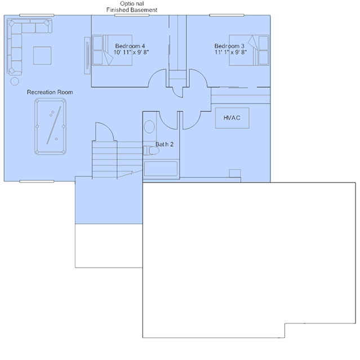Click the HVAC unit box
[x=232, y=118]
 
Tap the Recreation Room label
[x=50, y=92]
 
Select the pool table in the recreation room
[x=50, y=127]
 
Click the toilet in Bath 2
[x=151, y=150]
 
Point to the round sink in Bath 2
[x=149, y=127]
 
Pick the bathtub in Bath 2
[x=161, y=168]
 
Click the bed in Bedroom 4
[x=112, y=50]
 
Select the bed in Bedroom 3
[x=249, y=50]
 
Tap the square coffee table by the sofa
[x=42, y=56]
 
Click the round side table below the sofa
[x=15, y=81]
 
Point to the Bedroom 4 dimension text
[x=131, y=52]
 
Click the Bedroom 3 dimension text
[x=230, y=52]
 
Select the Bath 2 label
[x=165, y=144]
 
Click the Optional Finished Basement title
[x=132, y=7]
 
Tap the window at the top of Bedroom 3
[x=227, y=15]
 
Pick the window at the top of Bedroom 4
[x=132, y=15]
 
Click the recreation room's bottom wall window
[x=37, y=181]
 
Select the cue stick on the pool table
[x=54, y=125]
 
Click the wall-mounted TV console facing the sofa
[x=87, y=55]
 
